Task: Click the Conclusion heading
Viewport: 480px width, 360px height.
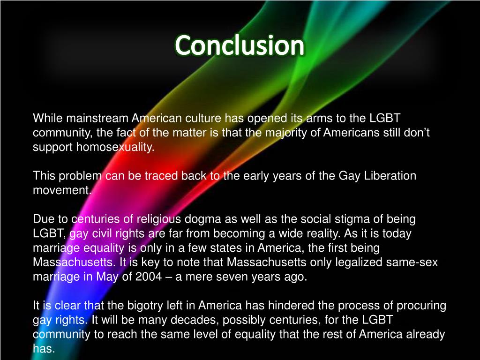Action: point(240,46)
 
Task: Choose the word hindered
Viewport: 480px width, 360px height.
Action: point(267,306)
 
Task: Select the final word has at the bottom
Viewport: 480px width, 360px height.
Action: point(44,349)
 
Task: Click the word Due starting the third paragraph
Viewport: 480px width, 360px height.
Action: point(42,219)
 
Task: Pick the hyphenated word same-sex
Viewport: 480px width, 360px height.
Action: point(412,262)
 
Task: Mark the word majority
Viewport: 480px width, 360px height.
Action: point(285,133)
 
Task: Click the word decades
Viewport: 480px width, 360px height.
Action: point(229,320)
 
